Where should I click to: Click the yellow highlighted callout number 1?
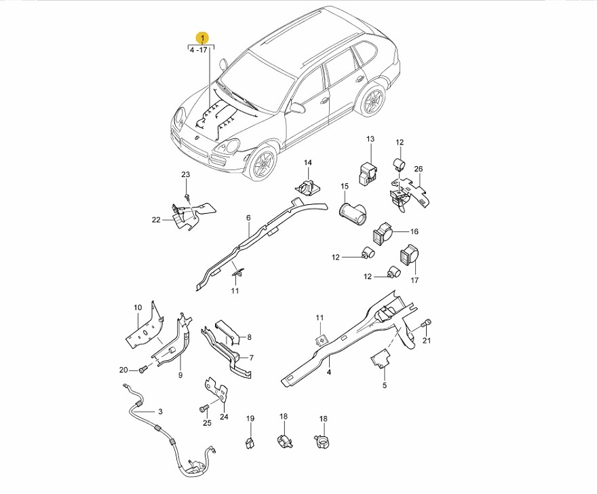click(x=202, y=38)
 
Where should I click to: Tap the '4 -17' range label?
click(x=198, y=50)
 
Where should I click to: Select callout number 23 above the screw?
click(x=185, y=175)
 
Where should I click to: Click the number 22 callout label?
click(x=156, y=220)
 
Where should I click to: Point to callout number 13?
click(x=370, y=139)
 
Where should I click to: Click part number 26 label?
click(x=419, y=169)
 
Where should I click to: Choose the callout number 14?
click(x=307, y=163)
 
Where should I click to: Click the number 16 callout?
click(x=415, y=231)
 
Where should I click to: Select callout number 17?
click(x=415, y=280)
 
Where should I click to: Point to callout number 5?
click(x=385, y=385)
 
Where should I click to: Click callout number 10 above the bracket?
click(x=138, y=307)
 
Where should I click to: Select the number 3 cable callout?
click(x=160, y=411)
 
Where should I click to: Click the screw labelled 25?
click(x=204, y=408)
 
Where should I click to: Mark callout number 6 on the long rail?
click(x=248, y=218)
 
